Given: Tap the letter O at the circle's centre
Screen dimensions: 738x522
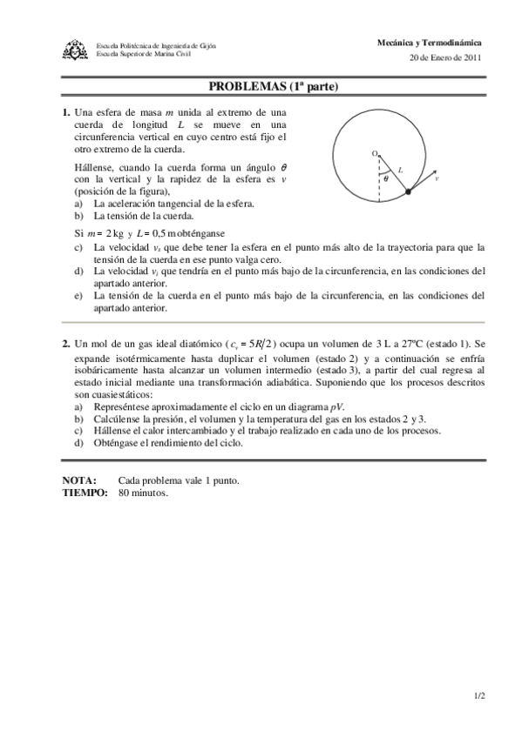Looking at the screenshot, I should (x=375, y=153).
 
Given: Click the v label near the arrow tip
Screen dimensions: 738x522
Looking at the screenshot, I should (x=436, y=178).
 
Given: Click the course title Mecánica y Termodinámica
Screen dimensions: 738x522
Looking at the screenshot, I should (x=430, y=42).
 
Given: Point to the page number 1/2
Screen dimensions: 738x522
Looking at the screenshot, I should (x=479, y=695).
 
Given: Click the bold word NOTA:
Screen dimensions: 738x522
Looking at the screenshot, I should (x=79, y=480).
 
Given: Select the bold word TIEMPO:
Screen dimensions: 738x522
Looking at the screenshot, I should (x=85, y=492).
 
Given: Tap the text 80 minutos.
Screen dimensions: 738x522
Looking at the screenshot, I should (x=144, y=492).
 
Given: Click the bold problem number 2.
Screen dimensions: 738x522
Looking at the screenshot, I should (x=65, y=345).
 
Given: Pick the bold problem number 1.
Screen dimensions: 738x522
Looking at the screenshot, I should (x=65, y=112).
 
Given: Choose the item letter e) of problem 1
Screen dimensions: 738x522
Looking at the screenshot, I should (x=78, y=295).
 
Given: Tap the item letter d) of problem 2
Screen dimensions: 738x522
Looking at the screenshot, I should (x=78, y=442).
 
